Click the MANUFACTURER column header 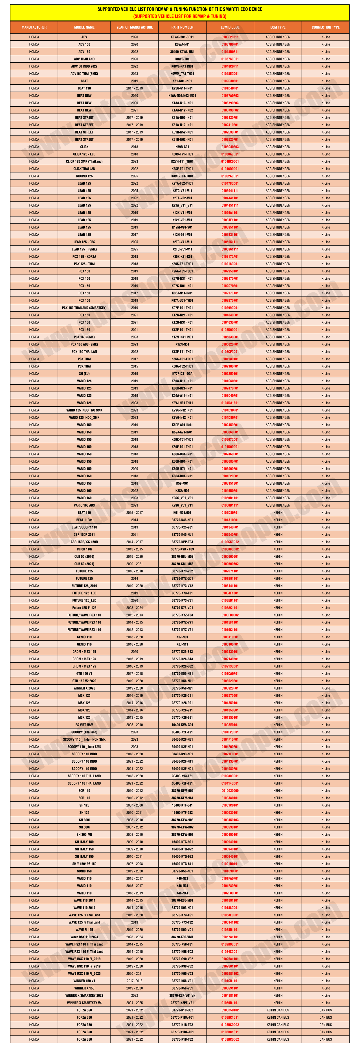pyautogui.click(x=34, y=27)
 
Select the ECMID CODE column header pyautogui.click(x=230, y=27)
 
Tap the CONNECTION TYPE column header pyautogui.click(x=325, y=27)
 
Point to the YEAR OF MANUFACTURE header pyautogui.click(x=134, y=27)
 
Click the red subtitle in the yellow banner pyautogui.click(x=180, y=16)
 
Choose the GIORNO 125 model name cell pyautogui.click(x=84, y=176)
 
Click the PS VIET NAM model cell pyautogui.click(x=84, y=725)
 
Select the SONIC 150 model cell pyautogui.click(x=84, y=871)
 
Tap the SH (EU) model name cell pyautogui.click(x=84, y=373)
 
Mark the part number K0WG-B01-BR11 pyautogui.click(x=182, y=37)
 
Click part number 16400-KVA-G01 pyautogui.click(x=182, y=725)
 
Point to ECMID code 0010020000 pyautogui.click(x=230, y=791)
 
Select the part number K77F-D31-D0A pyautogui.click(x=182, y=373)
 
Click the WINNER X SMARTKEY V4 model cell pyautogui.click(x=84, y=1003)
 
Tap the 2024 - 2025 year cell pyautogui.click(x=134, y=1003)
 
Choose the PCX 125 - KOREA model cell pyautogui.click(x=84, y=257)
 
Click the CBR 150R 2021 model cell pyautogui.click(x=84, y=535)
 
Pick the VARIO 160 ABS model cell pyautogui.click(x=84, y=505)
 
